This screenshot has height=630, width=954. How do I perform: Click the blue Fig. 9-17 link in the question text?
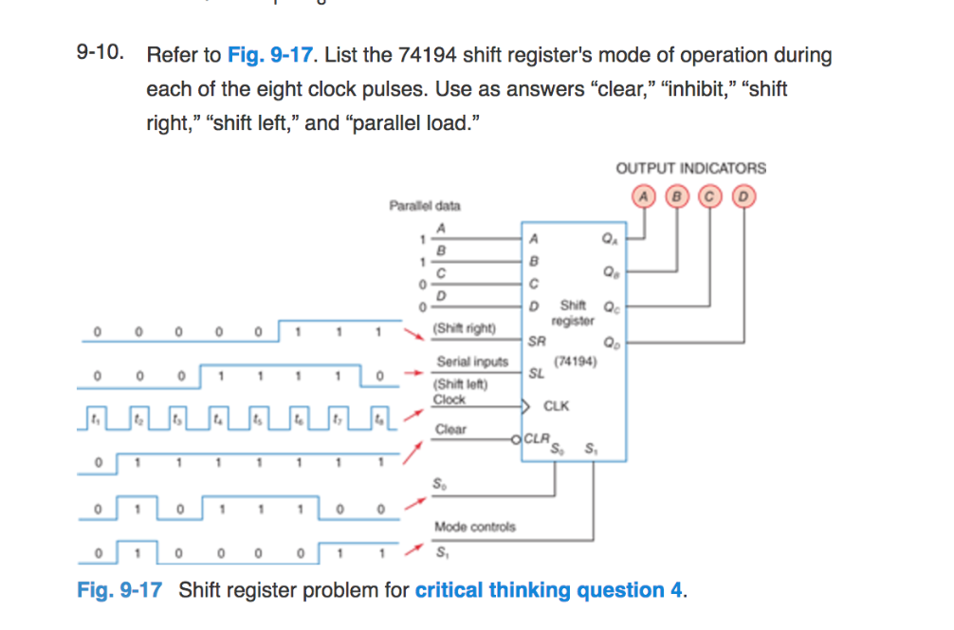(x=270, y=55)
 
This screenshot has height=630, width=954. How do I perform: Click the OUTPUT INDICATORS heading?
(x=690, y=168)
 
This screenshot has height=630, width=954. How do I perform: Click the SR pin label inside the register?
(x=537, y=340)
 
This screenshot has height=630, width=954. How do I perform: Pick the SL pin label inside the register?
(x=537, y=374)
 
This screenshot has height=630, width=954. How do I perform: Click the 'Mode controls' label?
(x=474, y=527)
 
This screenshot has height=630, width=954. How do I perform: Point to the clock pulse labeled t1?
(x=94, y=415)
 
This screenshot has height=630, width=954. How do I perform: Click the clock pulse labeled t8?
(x=379, y=415)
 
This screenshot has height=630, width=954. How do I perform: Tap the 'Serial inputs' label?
(x=472, y=361)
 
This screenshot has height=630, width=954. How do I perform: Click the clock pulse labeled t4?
(x=216, y=415)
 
